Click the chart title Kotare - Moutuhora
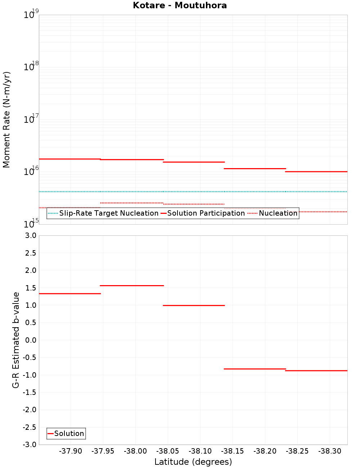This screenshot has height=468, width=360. (x=180, y=5)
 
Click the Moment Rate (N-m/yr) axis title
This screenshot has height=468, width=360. (x=6, y=120)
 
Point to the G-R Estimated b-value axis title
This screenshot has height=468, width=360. (x=16, y=340)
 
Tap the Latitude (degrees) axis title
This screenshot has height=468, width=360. (x=193, y=462)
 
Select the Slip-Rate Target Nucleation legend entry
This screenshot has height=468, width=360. (x=108, y=213)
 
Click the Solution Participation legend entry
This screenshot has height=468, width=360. (x=206, y=213)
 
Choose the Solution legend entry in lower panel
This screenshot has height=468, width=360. (x=69, y=433)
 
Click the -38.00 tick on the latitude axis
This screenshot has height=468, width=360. (x=135, y=451)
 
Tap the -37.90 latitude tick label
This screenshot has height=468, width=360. (x=71, y=451)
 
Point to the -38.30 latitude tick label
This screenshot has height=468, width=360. (x=330, y=451)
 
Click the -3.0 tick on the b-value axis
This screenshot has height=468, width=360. (x=29, y=445)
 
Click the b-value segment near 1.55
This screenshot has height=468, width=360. (x=132, y=285)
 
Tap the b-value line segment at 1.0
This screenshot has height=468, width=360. (x=194, y=305)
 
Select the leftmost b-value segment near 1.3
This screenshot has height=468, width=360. (x=69, y=294)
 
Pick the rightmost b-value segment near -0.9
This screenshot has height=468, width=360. (x=316, y=370)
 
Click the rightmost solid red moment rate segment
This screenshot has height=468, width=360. (x=316, y=172)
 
